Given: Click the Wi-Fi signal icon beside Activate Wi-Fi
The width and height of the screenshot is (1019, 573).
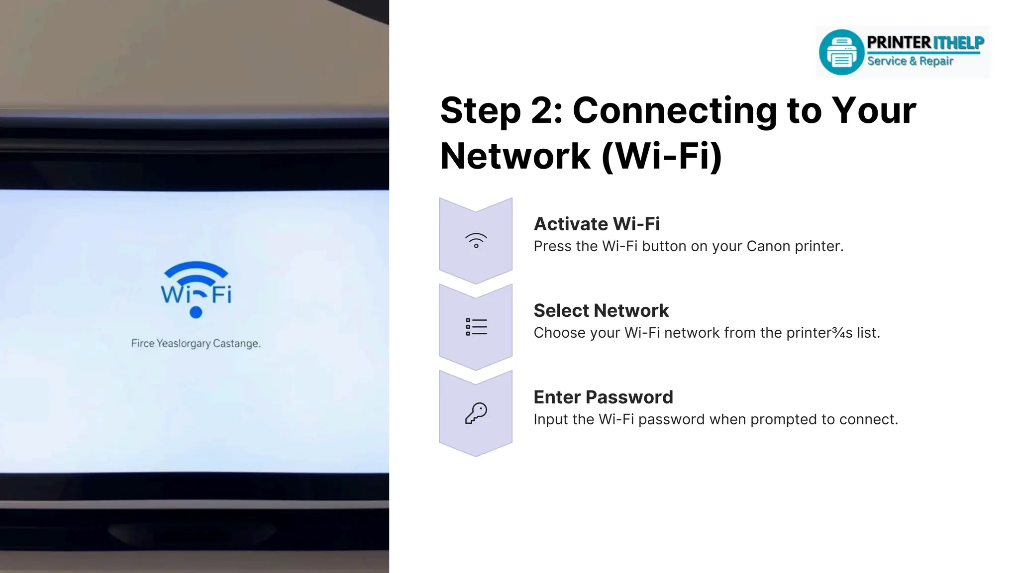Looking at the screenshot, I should coord(476,240).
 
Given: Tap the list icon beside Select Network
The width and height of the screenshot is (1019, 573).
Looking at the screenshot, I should coord(476,327).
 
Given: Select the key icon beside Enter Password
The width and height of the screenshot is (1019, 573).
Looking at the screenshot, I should coord(476,413).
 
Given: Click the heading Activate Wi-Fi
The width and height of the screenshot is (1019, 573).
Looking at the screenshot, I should coord(597,224).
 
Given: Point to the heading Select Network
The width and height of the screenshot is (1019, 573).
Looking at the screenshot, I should coord(601,310).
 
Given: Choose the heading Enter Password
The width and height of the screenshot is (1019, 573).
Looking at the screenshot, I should coord(603,397).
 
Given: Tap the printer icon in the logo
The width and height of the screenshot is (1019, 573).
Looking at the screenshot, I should coord(841,52).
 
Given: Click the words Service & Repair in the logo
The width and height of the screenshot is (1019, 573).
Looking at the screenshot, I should coord(910,61).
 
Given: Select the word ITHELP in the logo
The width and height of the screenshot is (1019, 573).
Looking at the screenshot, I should coord(958,43).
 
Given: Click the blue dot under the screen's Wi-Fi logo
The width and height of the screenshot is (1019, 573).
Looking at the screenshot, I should coord(196,312).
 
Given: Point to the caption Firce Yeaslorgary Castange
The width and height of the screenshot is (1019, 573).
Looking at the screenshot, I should coord(196,343).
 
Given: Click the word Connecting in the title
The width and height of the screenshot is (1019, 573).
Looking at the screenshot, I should coord(674,110).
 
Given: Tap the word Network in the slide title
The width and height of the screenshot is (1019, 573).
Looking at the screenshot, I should coord(515,156).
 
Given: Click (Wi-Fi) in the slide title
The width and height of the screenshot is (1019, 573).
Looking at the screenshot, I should coord(662,156).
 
